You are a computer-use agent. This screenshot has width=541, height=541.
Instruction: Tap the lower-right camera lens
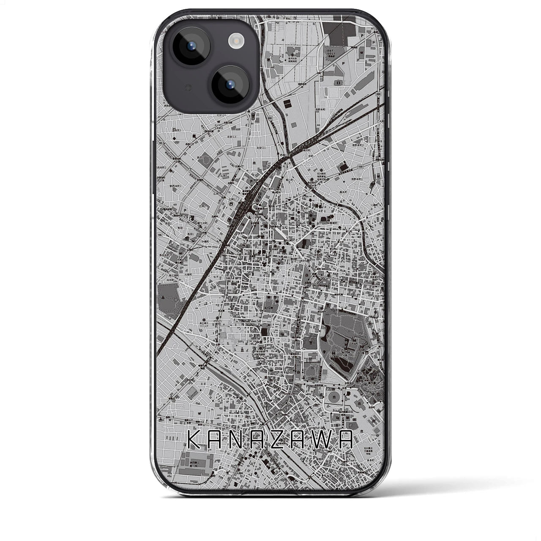230,83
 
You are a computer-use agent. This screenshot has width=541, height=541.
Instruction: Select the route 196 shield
160,235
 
